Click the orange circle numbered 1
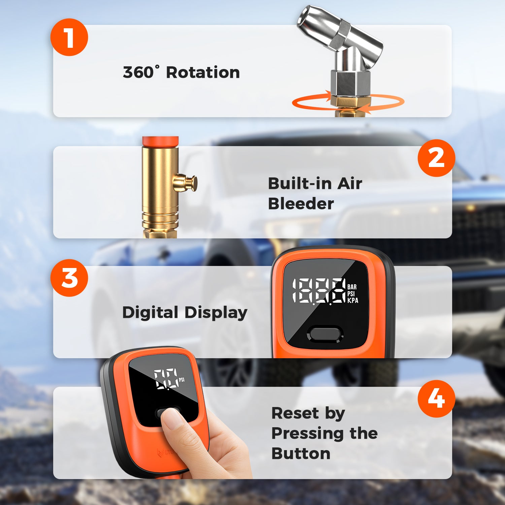coord(69,37)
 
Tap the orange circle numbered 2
coord(436,158)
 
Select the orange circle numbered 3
coord(69,278)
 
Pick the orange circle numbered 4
coord(436,399)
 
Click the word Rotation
coord(203,72)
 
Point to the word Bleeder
coord(301,204)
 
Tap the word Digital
coord(150,313)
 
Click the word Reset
coord(295,413)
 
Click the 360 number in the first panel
coord(138,72)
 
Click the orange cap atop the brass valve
coord(160,141)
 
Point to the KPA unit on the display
coord(353,300)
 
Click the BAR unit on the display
coord(352,287)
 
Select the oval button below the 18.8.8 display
coord(325,334)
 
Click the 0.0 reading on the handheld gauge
coord(166,378)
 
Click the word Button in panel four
coord(301,453)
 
